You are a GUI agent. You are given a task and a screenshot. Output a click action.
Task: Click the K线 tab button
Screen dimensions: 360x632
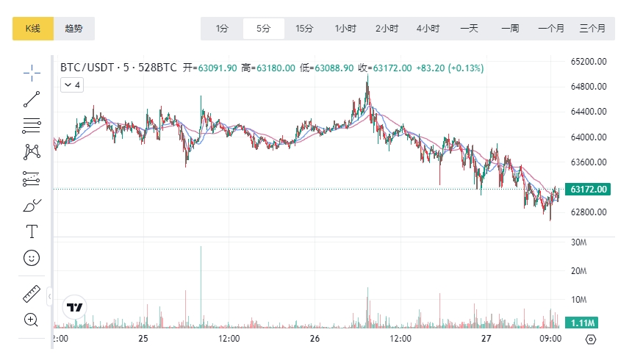pos(32,29)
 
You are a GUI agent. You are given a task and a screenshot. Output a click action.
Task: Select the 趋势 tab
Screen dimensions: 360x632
pos(74,29)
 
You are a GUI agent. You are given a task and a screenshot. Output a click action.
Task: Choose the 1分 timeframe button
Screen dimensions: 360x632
pos(222,29)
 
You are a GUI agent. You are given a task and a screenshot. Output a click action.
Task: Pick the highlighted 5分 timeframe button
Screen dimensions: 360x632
pos(263,29)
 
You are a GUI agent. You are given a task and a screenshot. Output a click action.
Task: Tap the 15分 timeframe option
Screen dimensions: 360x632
pos(304,29)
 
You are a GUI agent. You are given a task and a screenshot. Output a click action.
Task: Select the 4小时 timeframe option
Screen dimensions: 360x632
pos(428,29)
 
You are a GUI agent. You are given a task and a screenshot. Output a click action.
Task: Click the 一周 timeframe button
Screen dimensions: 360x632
pos(510,29)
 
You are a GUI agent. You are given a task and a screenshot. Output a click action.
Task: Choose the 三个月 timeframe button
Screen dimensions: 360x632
pos(592,29)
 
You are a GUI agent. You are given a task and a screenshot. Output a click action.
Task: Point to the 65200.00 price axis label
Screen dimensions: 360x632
pos(588,62)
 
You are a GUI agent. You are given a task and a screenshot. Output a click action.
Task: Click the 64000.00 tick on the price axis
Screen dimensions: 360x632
pos(588,137)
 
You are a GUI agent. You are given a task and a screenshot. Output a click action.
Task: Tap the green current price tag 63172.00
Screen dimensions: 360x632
pos(588,190)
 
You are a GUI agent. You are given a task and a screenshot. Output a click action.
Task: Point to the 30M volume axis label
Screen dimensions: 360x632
pos(578,242)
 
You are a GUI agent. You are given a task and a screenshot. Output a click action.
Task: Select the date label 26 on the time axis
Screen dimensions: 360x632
pos(315,339)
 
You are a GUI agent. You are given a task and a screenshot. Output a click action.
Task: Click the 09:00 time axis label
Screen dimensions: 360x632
pos(550,339)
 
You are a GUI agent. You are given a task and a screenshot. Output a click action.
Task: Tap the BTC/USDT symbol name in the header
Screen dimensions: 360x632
pos(87,68)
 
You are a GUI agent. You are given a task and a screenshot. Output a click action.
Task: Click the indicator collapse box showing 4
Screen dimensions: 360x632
pos(72,85)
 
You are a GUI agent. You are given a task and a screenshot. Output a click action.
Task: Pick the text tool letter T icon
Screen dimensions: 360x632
pos(32,231)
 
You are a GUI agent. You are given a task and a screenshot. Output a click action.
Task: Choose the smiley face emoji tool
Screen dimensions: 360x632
pos(32,258)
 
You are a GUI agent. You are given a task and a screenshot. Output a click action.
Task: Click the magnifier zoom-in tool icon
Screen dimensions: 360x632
pos(31,320)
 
